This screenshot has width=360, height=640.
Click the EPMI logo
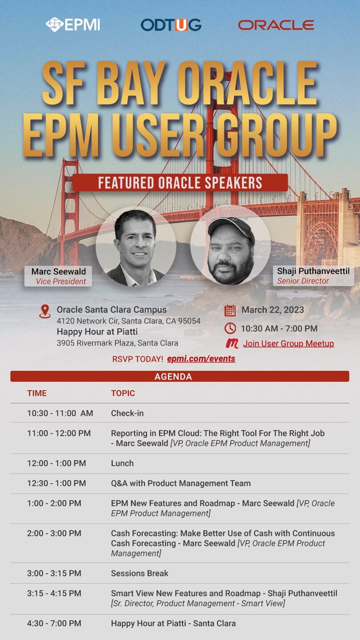click(73, 24)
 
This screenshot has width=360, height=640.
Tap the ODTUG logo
click(171, 25)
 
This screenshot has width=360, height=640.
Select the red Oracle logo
click(276, 25)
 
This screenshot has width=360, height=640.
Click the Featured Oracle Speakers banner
click(180, 183)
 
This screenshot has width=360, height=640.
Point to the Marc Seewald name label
click(58, 276)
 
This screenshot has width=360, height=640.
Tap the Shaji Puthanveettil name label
click(313, 276)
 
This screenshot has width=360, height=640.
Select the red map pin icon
click(45, 311)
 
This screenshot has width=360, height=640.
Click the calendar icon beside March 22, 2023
click(230, 310)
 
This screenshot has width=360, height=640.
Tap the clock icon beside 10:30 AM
click(230, 328)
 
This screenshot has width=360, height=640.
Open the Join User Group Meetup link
click(288, 343)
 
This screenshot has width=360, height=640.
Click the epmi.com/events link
click(201, 359)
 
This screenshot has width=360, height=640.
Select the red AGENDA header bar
click(180, 376)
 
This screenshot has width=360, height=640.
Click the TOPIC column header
click(123, 393)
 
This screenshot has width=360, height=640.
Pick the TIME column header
click(37, 393)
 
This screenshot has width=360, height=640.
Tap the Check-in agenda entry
click(127, 413)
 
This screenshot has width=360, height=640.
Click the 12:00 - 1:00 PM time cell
click(56, 463)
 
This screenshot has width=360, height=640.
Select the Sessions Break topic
click(140, 573)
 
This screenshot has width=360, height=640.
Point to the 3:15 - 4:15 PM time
click(54, 593)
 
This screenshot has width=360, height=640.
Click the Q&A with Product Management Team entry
click(181, 483)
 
